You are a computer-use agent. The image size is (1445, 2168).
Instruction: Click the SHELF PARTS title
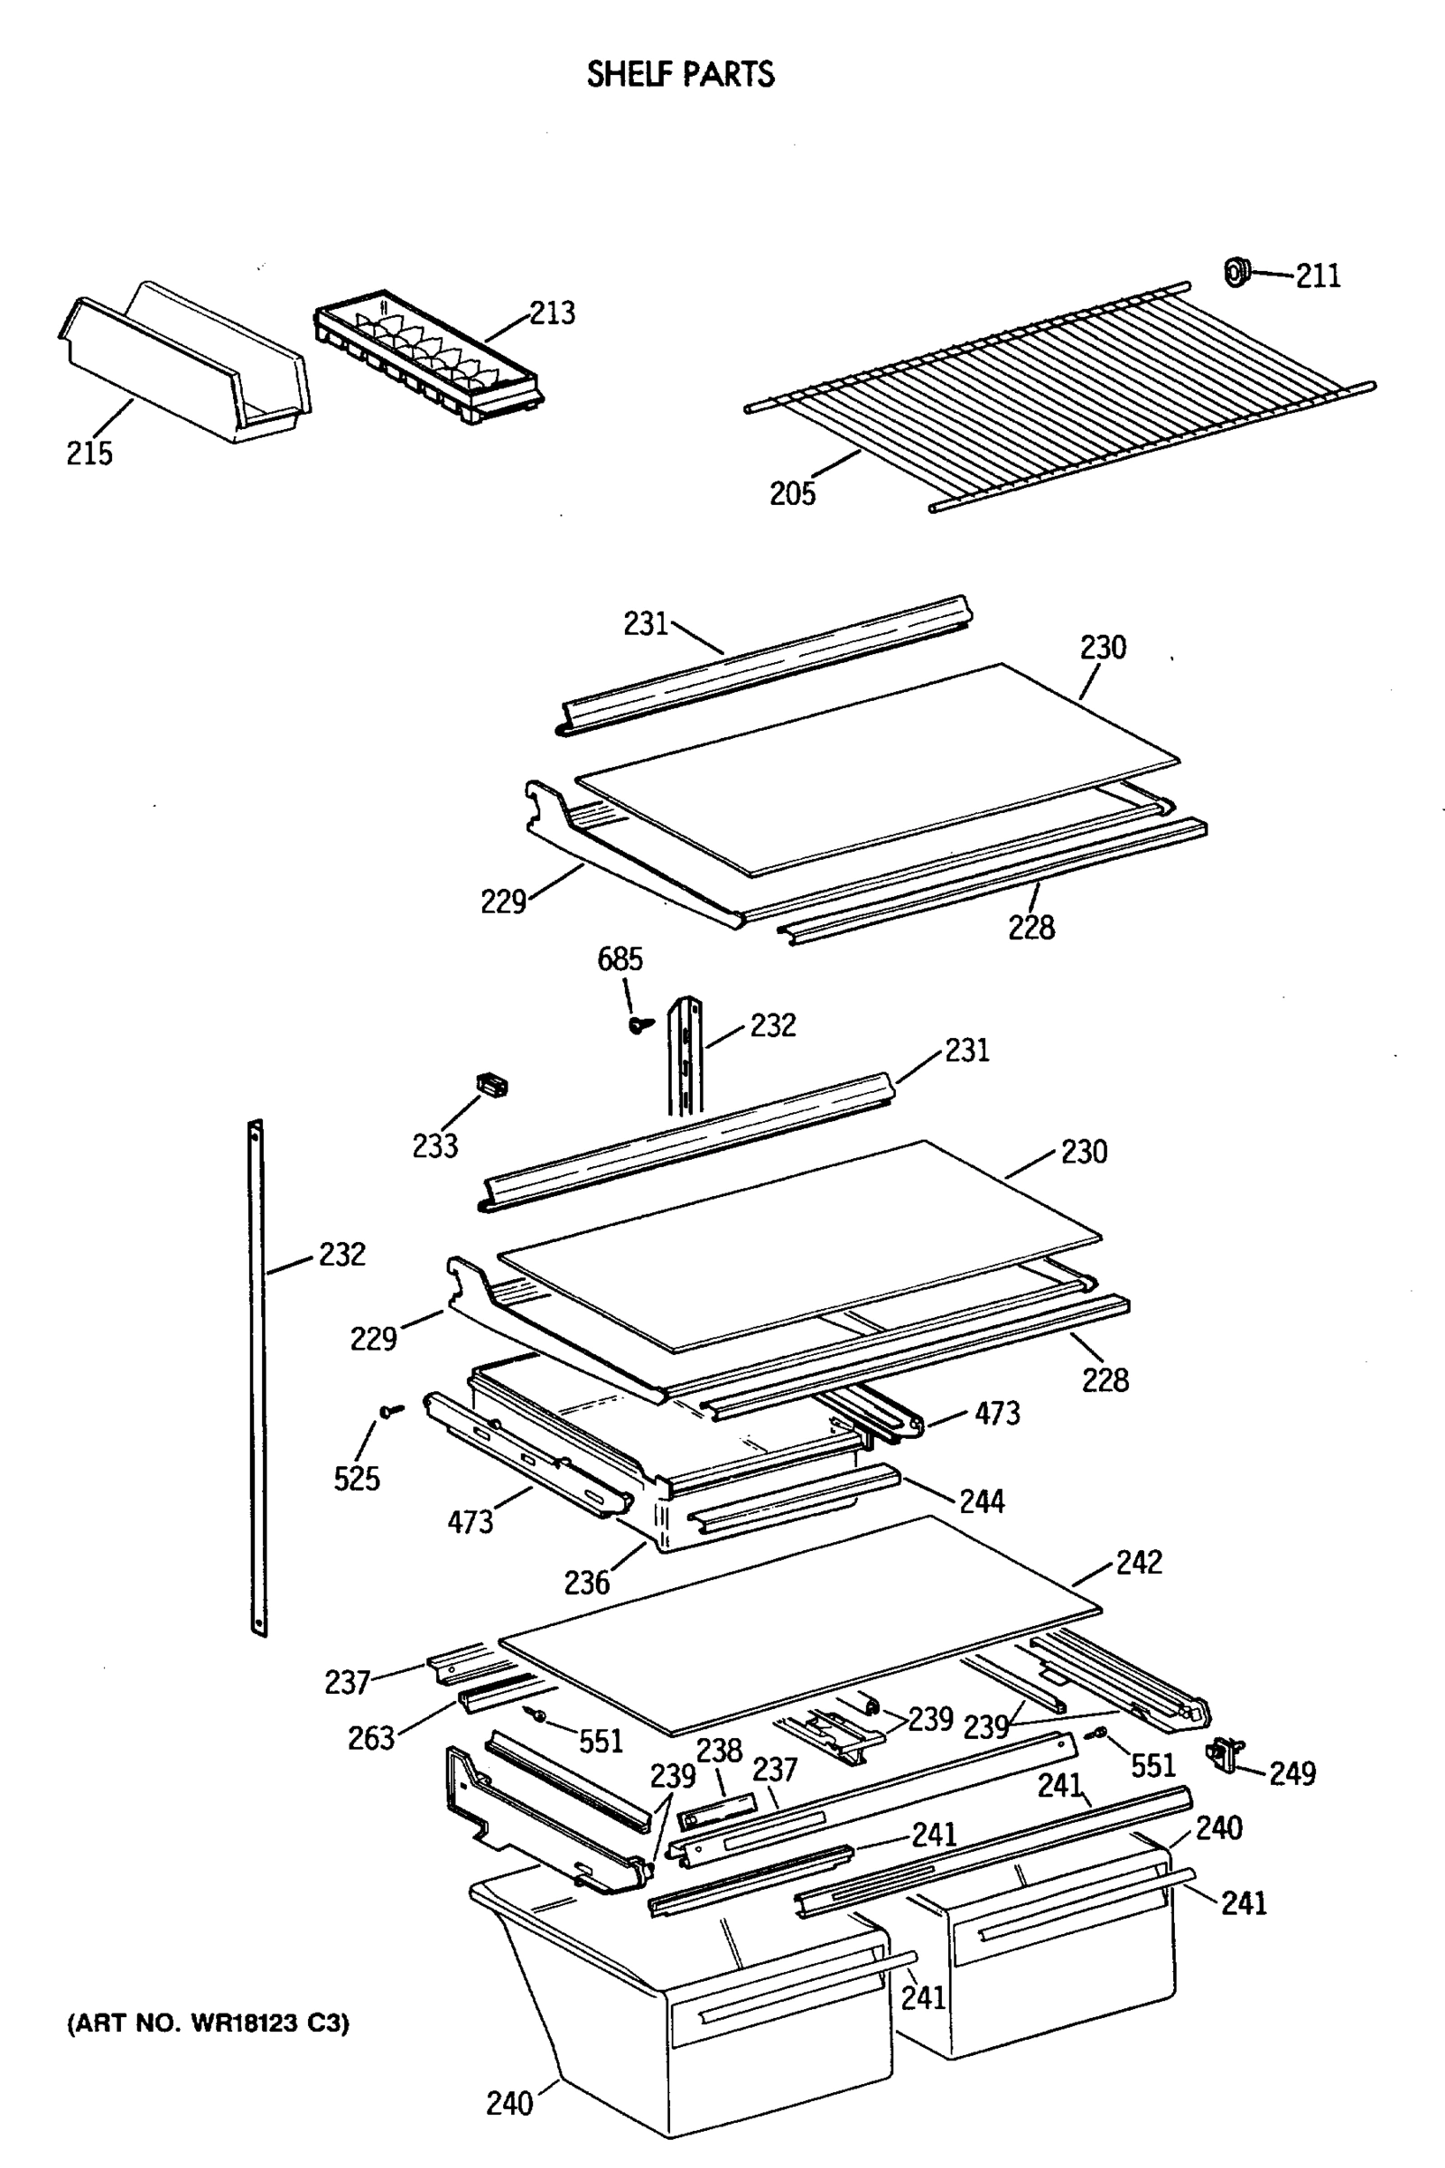pyautogui.click(x=680, y=74)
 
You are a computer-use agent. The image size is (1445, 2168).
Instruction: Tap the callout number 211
pyautogui.click(x=1318, y=276)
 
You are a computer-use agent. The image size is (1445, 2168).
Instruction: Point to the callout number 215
pyautogui.click(x=89, y=453)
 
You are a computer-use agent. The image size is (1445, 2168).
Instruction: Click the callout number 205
pyautogui.click(x=793, y=493)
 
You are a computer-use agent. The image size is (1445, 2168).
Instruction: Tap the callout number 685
pyautogui.click(x=620, y=959)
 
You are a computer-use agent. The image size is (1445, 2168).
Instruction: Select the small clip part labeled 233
pyautogui.click(x=492, y=1085)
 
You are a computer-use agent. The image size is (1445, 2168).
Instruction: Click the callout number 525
pyautogui.click(x=357, y=1479)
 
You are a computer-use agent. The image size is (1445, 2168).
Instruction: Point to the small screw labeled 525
pyautogui.click(x=391, y=1410)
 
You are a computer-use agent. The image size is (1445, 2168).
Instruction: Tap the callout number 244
pyautogui.click(x=982, y=1501)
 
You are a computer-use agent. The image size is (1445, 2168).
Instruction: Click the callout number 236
pyautogui.click(x=587, y=1584)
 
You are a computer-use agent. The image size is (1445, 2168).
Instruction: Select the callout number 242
pyautogui.click(x=1139, y=1563)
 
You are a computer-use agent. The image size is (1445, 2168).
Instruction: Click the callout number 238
pyautogui.click(x=719, y=1751)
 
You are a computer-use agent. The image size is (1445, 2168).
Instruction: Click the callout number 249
pyautogui.click(x=1292, y=1772)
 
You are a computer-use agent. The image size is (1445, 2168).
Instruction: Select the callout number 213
pyautogui.click(x=552, y=313)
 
